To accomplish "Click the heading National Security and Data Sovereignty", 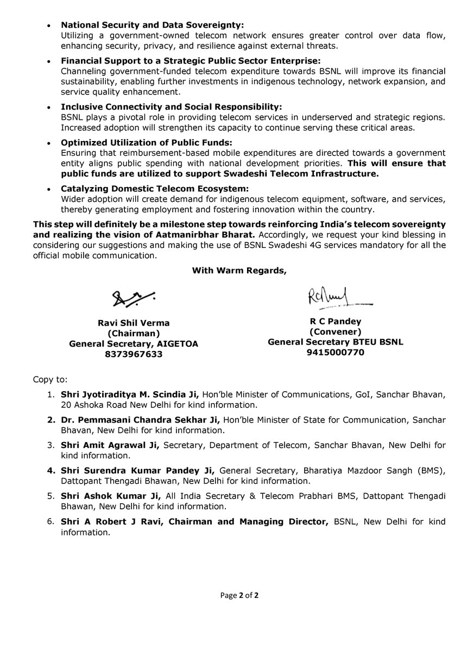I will (x=153, y=25).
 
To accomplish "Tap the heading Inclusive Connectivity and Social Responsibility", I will (x=172, y=107).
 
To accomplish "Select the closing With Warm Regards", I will (x=239, y=271).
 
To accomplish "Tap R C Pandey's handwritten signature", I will (x=334, y=298).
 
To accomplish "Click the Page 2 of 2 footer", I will (x=239, y=595).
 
